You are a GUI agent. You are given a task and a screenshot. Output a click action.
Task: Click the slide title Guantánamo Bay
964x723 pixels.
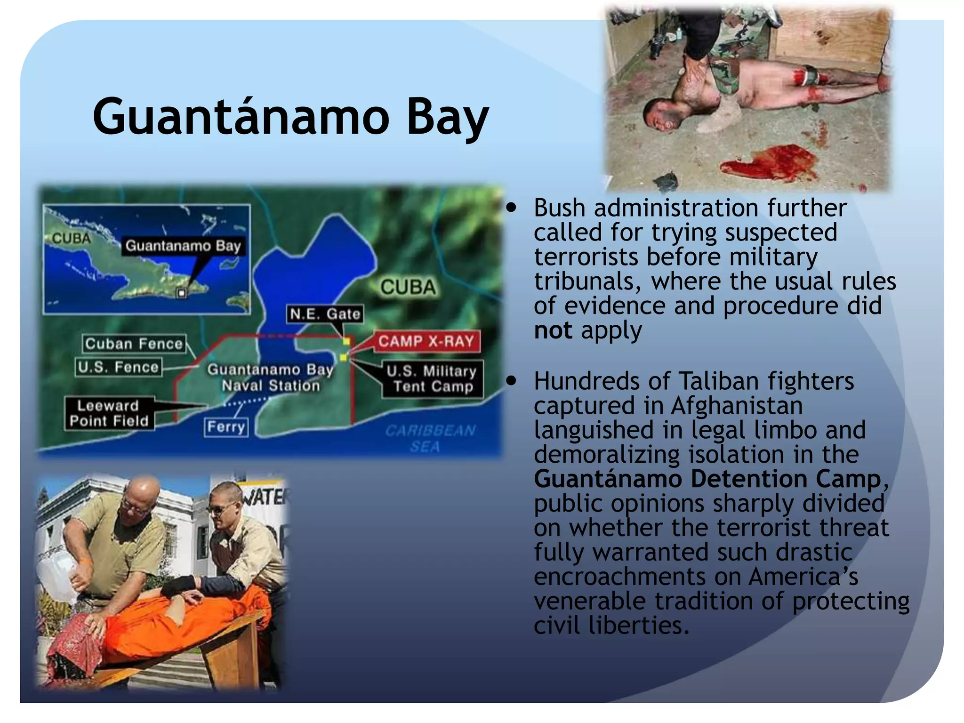[x=290, y=116]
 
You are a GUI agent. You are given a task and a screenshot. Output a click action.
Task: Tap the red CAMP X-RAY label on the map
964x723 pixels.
[x=426, y=341]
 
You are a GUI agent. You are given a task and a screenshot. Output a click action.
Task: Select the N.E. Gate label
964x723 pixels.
[x=325, y=314]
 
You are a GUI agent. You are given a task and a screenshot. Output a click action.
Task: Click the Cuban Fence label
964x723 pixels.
[x=134, y=344]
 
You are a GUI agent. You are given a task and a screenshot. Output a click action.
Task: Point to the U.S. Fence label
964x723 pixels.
[x=118, y=367]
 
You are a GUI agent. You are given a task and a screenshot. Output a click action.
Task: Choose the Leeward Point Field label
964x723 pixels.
[x=109, y=413]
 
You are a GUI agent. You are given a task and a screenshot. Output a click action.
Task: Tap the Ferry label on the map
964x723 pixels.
[x=226, y=427]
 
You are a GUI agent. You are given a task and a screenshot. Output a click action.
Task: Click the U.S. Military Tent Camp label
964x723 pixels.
[x=432, y=379]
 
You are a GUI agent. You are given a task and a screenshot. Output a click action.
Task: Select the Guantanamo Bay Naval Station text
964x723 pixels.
[x=271, y=378]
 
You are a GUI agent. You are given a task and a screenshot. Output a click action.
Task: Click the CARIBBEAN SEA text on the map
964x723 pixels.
[x=429, y=438]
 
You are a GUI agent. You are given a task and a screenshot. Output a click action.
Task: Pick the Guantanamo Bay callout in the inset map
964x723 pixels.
[x=183, y=246]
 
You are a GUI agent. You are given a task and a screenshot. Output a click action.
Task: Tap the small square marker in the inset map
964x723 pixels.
[x=182, y=293]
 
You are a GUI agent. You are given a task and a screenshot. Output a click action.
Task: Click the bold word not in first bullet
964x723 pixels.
[x=553, y=330]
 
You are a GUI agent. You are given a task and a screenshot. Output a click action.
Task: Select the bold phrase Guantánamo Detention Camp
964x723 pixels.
[x=707, y=479]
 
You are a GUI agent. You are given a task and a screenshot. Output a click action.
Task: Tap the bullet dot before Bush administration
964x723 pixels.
[x=512, y=208]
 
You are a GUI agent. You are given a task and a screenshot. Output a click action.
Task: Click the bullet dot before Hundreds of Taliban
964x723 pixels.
[x=512, y=381]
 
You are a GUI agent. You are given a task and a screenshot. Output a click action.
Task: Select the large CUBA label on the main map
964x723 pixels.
[x=408, y=287]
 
